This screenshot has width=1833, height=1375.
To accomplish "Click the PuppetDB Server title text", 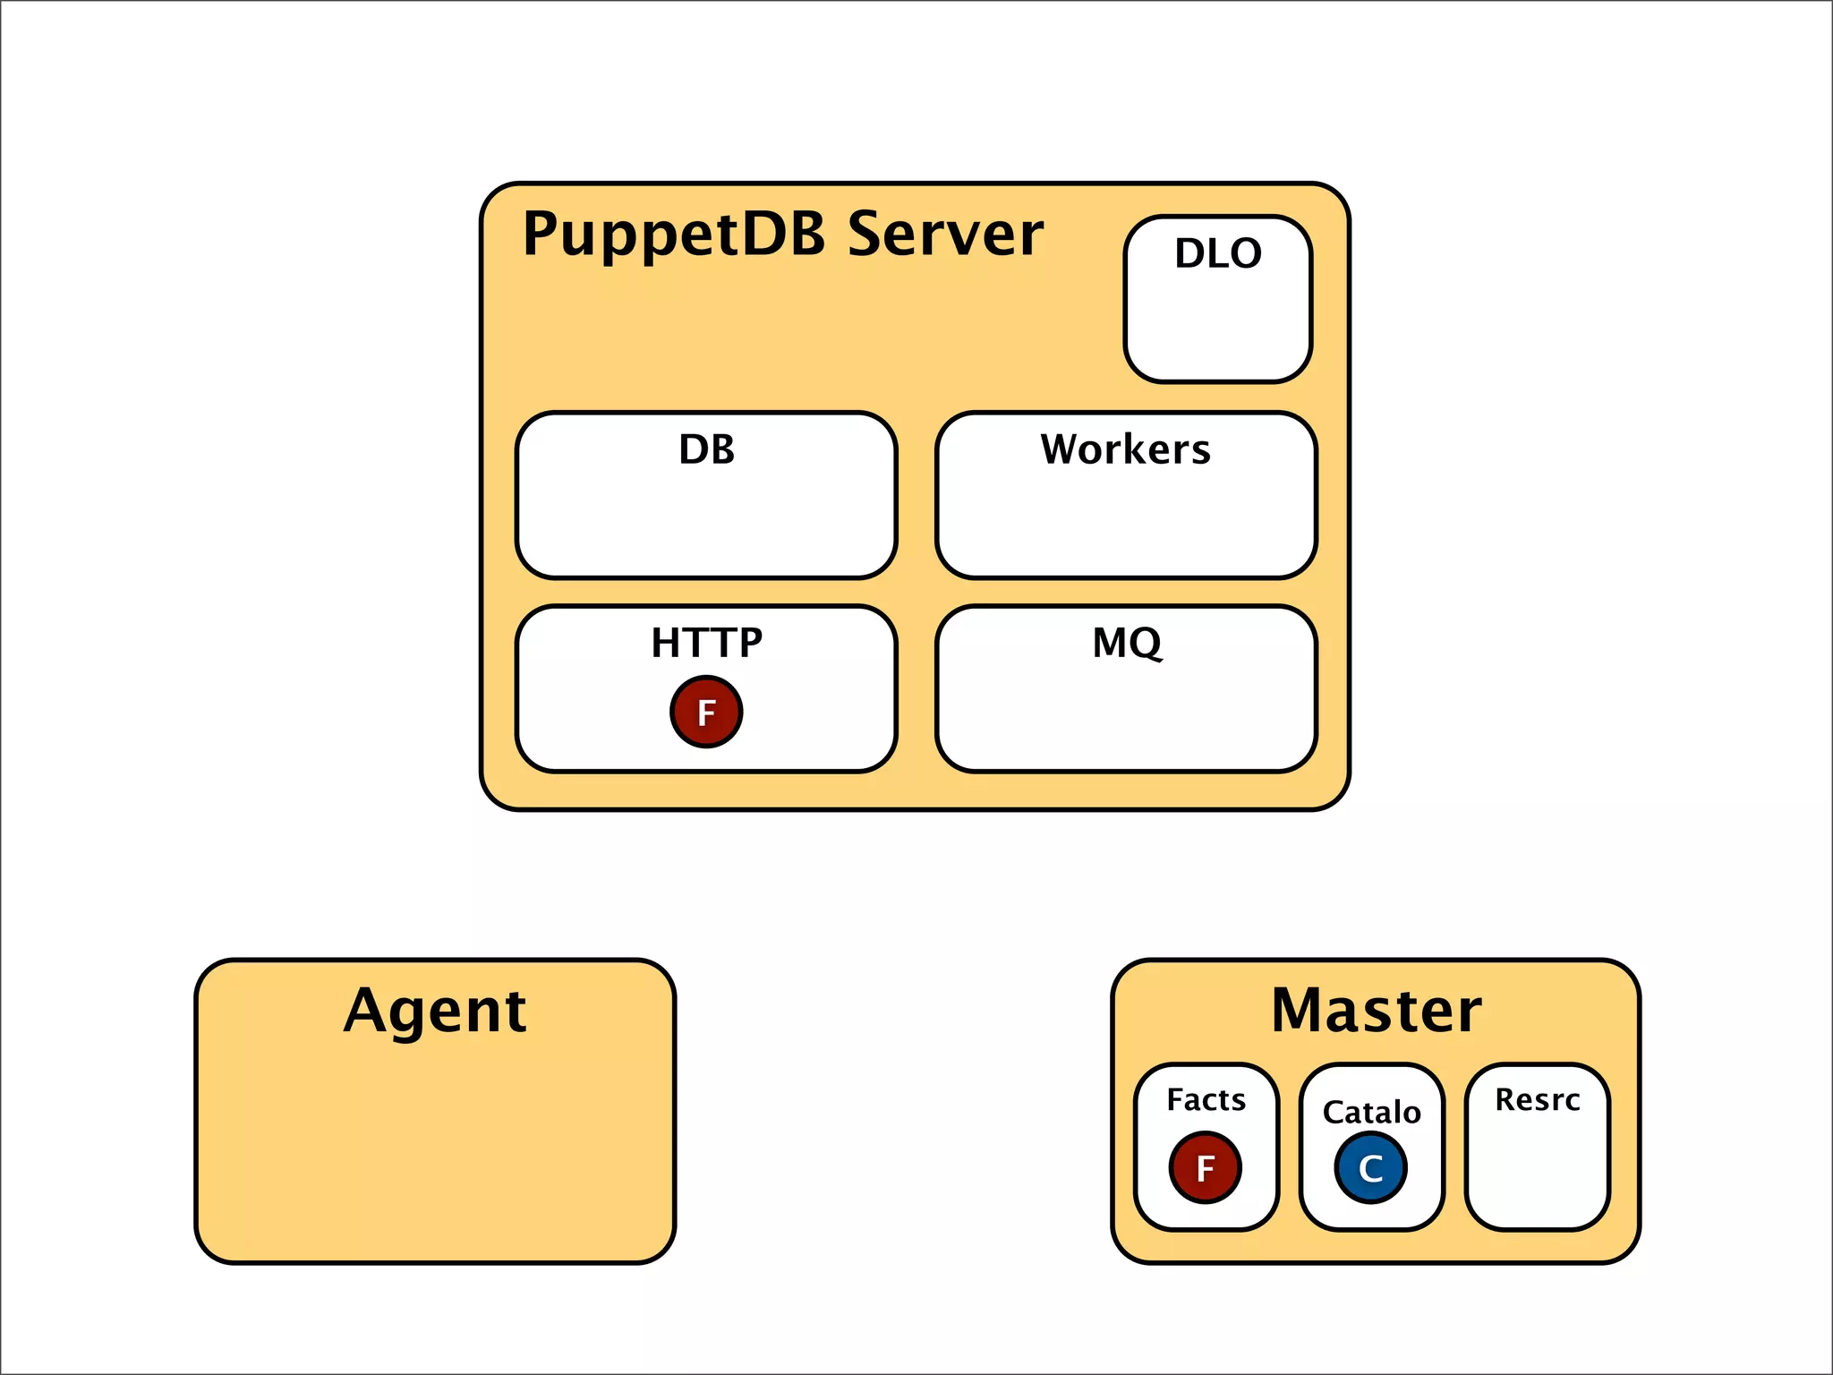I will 782,235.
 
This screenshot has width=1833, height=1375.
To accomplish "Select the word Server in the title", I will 945,235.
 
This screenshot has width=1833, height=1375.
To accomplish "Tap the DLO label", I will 1218,253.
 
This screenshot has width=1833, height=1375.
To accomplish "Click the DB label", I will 706,449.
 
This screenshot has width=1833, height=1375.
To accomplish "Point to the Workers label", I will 1125,449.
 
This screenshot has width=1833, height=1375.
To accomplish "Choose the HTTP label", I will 706,643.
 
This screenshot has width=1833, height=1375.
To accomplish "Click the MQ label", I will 1127,643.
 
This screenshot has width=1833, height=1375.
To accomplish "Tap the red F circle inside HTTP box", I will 706,712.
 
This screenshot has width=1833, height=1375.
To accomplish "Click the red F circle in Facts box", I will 1205,1167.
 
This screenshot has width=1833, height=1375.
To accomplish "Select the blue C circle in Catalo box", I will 1370,1167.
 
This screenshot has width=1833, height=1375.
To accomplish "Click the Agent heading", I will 435,1011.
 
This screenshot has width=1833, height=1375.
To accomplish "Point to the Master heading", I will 1376,1011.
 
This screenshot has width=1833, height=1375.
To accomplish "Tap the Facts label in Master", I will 1206,1099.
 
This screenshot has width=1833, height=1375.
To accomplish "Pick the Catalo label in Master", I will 1371,1112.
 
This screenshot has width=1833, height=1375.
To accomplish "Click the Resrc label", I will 1537,1099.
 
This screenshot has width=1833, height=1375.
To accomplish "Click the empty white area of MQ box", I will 1127,716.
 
